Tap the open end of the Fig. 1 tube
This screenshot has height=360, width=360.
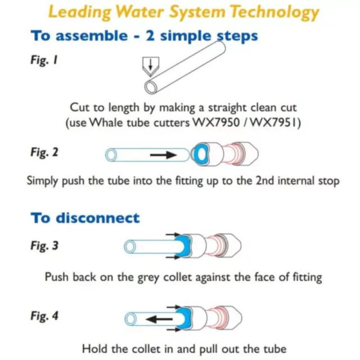click(x=151, y=87)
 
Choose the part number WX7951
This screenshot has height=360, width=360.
click(x=277, y=123)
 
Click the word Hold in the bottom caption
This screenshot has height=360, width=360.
click(x=94, y=349)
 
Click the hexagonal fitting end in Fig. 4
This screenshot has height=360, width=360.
click(x=233, y=317)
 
